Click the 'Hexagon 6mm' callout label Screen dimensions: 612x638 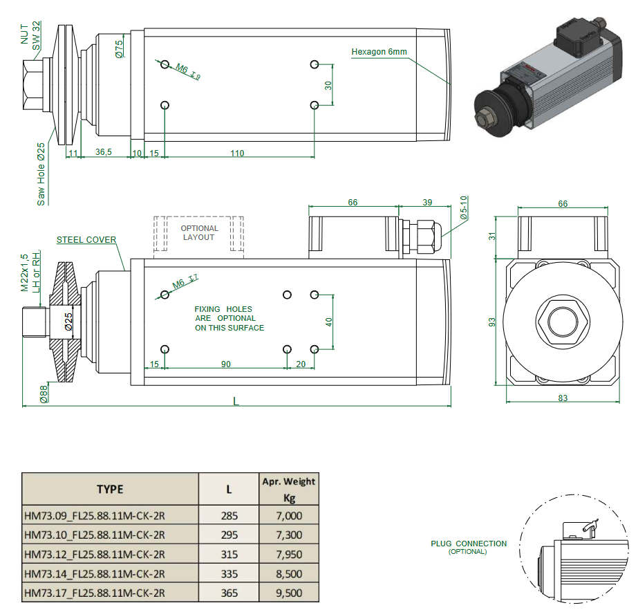(x=379, y=52)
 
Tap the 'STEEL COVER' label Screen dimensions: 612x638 (x=86, y=240)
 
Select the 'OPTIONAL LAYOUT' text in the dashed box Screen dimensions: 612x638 (x=199, y=232)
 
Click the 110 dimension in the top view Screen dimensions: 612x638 (x=237, y=154)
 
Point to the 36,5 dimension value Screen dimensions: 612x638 (x=104, y=153)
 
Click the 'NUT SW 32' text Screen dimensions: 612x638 (x=30, y=33)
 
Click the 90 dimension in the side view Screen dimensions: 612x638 (x=225, y=364)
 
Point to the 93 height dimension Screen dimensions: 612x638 (x=493, y=322)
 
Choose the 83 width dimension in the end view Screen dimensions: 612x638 (x=562, y=398)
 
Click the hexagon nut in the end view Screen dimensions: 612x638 (x=561, y=322)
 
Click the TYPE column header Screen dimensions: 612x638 (x=110, y=489)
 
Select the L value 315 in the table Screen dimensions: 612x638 (x=229, y=555)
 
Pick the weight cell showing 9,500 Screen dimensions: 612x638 (x=288, y=593)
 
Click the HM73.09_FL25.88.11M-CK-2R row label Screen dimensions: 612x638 (x=95, y=516)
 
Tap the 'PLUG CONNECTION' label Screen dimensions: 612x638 (x=468, y=544)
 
